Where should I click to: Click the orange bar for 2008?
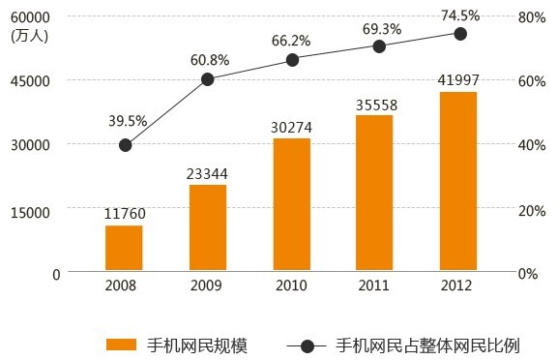point(124,249)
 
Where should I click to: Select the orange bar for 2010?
point(291,205)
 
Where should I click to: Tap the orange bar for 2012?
point(458,182)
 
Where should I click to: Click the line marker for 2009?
point(207,79)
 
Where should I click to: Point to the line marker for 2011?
point(378,46)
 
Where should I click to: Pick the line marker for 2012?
point(460,34)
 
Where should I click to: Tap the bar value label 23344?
point(207,173)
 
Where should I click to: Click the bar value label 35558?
point(376,104)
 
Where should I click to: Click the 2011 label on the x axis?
point(375,286)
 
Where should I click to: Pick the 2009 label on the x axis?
point(207,286)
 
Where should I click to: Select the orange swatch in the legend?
point(121,345)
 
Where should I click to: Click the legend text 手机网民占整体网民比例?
point(428,345)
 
